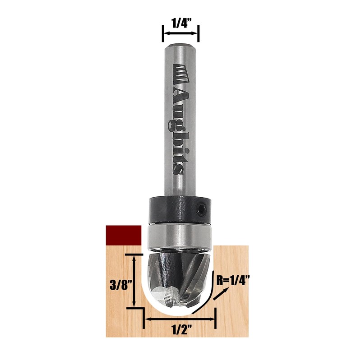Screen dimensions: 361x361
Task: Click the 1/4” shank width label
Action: click(x=180, y=23)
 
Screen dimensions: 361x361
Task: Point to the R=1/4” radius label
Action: click(x=233, y=281)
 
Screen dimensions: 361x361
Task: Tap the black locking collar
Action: click(x=180, y=210)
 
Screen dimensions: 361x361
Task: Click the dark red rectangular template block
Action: click(x=123, y=235)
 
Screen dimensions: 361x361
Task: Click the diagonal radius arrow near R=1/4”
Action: click(x=221, y=293)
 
